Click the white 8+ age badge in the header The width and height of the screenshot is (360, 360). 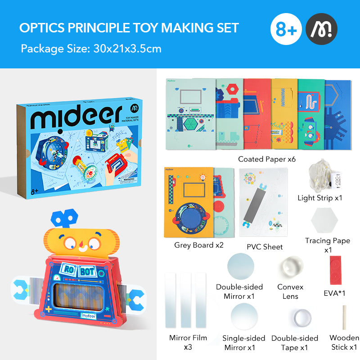click(287, 30)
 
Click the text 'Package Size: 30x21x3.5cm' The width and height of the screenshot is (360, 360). click(91, 48)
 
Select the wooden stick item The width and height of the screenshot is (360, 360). click(344, 317)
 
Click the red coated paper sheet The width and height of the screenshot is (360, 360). click(257, 114)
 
